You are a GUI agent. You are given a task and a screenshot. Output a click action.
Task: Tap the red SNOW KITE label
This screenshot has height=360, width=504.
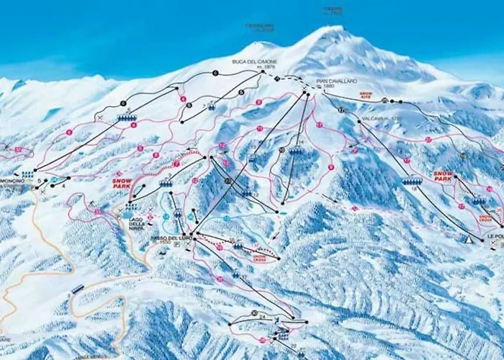pos(366,94)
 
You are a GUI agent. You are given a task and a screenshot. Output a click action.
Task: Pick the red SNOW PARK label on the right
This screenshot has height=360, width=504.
pos(443,176)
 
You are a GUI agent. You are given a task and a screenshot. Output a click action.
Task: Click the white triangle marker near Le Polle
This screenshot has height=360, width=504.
pos(469,238)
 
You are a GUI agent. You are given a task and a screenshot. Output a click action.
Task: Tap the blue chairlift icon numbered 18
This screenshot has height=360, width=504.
pos(411,182)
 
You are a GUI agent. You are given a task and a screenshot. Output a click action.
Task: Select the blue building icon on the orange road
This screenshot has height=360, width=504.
pos(77,289)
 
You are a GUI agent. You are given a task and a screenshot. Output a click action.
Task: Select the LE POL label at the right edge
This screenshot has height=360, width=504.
pos(494,235)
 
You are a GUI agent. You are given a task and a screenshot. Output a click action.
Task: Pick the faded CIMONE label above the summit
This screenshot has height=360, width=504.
pos(333,10)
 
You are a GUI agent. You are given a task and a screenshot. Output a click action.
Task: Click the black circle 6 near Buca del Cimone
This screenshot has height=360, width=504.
pos(215,73)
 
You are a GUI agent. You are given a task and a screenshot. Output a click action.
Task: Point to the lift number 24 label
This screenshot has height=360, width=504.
pos(263,317)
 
